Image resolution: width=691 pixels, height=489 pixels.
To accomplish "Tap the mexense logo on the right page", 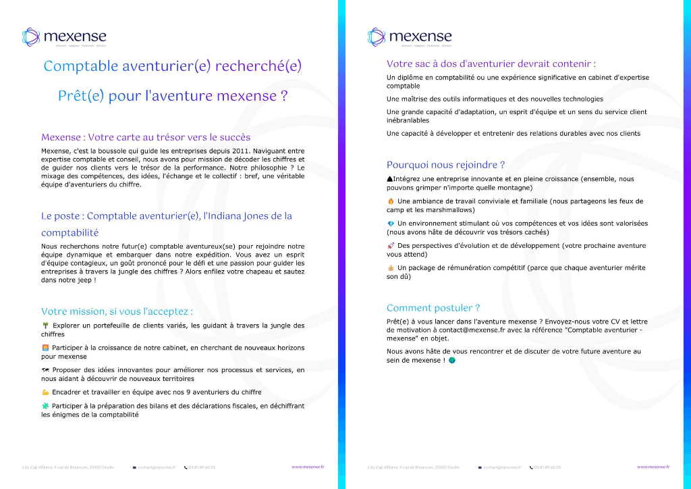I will [410, 36].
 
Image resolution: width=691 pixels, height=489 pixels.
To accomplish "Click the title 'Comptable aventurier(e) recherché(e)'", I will [172, 66].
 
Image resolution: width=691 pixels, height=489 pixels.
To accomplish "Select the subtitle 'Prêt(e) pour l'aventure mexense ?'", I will [172, 96].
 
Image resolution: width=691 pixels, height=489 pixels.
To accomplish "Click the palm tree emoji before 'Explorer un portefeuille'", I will [45, 326].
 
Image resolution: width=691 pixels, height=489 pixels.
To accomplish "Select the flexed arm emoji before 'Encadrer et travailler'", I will [45, 392].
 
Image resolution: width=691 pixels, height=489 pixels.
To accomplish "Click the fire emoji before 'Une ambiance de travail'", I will [391, 201].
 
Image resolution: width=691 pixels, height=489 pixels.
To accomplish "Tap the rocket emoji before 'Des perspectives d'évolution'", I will [391, 246].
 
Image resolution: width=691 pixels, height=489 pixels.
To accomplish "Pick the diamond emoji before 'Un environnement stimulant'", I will [391, 224].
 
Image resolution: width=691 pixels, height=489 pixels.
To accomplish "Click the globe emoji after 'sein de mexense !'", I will [452, 361].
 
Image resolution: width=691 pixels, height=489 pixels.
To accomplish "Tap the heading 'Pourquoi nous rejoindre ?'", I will [445, 165].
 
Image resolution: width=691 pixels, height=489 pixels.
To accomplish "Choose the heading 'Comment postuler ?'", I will [433, 308].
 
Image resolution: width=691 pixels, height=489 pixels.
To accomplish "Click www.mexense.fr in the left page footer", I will [308, 467].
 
